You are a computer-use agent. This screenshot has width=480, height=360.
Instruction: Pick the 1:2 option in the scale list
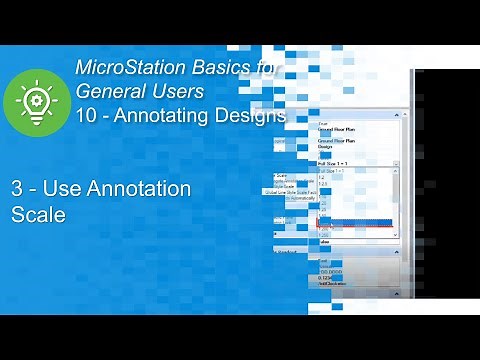(x=322, y=178)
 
